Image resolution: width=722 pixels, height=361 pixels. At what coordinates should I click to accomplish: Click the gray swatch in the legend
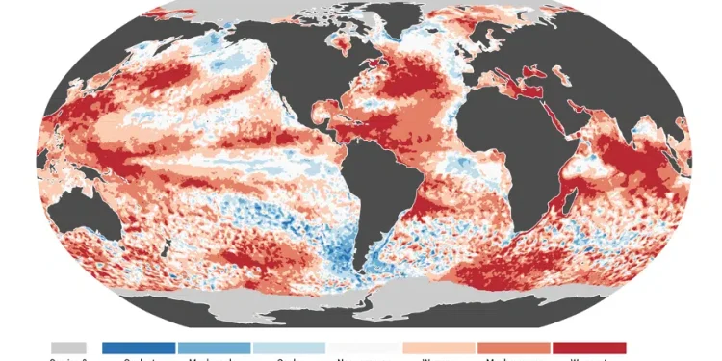coord(68,348)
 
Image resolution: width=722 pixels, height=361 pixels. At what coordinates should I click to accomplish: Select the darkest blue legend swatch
coord(138,348)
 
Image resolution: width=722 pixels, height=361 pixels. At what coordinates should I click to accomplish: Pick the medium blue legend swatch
coord(213,348)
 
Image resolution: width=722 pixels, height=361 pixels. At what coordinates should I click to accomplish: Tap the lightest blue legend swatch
coord(288,348)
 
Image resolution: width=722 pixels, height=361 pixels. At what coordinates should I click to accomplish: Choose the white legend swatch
coord(363,348)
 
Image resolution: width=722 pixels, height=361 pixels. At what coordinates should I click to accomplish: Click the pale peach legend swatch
coord(438,348)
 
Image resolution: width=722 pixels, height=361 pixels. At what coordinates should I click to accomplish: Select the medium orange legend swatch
coord(513,348)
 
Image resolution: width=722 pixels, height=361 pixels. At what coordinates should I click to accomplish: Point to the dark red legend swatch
coord(588,348)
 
